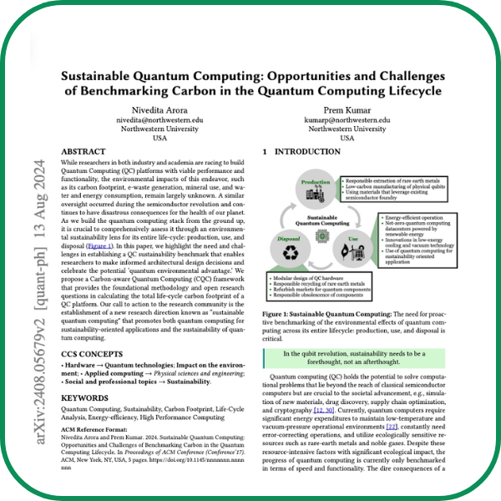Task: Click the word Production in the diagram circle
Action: point(316,181)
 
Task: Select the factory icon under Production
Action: point(316,194)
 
